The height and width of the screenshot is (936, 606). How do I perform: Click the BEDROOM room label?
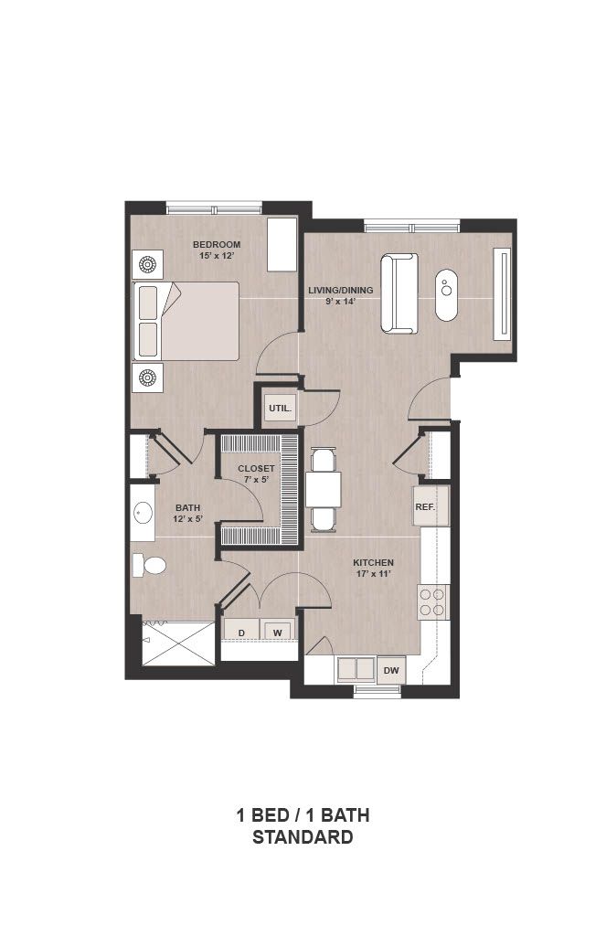[216, 244]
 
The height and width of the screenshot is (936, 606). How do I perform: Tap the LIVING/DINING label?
[340, 290]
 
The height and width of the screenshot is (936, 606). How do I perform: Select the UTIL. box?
[280, 409]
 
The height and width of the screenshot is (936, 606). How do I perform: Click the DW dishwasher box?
[391, 670]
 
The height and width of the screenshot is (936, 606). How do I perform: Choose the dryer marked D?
[242, 632]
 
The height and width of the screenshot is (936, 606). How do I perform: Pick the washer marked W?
[278, 632]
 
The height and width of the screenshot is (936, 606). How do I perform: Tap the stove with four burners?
[432, 601]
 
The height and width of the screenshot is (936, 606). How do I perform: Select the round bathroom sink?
[143, 513]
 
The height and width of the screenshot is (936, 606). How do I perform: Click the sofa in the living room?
[399, 293]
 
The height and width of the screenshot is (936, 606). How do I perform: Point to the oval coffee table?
[447, 295]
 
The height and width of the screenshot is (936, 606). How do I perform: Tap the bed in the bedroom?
[186, 321]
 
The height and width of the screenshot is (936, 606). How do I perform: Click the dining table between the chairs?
[324, 490]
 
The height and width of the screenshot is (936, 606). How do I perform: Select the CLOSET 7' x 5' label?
[256, 474]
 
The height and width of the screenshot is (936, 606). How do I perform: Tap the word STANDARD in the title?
[303, 837]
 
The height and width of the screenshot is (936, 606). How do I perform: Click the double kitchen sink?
[356, 669]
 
